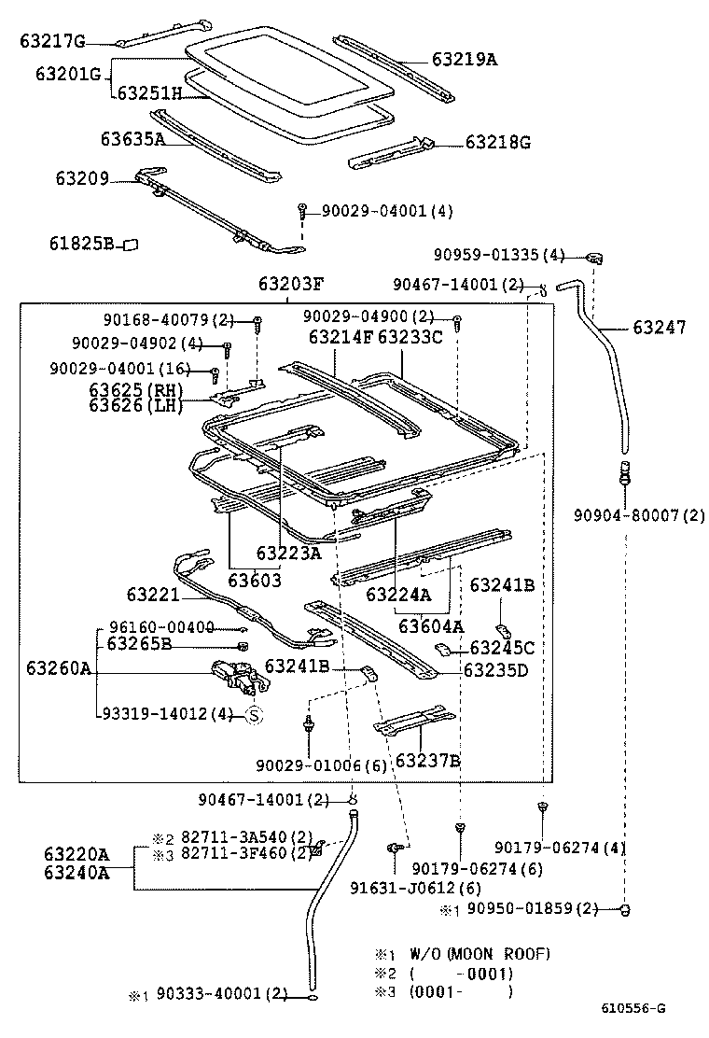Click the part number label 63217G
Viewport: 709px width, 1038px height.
coord(52,41)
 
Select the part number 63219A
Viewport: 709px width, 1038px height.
coord(464,60)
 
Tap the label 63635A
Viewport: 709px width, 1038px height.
coord(132,139)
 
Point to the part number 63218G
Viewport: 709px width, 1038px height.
coord(497,143)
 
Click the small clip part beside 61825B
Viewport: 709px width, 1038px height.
coord(131,244)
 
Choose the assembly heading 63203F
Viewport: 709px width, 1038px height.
coord(291,284)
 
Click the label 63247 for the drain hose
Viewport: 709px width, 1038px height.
coord(659,328)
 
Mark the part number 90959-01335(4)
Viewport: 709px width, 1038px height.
coord(499,255)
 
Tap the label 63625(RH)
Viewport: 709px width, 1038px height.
coord(136,390)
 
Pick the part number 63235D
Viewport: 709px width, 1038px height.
coord(495,670)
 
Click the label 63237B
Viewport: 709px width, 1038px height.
coord(428,761)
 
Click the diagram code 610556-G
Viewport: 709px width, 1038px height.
coord(633,1008)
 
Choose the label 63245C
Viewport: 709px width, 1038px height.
coord(501,648)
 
